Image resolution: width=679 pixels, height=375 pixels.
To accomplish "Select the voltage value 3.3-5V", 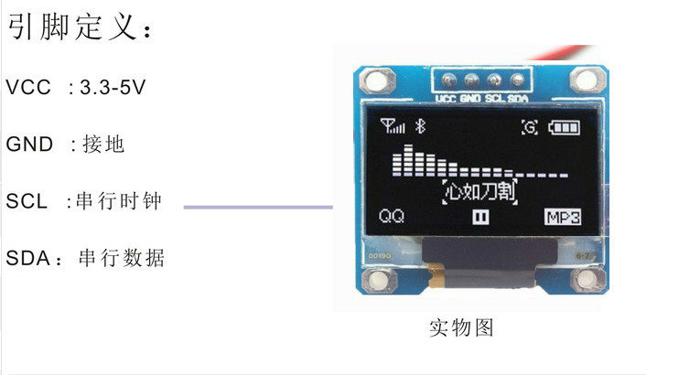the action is click(113, 88).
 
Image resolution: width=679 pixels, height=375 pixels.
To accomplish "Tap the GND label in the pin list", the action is click(32, 145).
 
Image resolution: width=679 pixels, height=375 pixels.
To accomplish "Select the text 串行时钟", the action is click(120, 201).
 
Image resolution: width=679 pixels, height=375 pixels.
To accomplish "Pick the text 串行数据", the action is click(123, 258).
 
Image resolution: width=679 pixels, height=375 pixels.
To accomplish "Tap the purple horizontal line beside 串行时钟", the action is click(258, 208).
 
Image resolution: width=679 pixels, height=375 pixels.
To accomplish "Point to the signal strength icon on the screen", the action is click(393, 126).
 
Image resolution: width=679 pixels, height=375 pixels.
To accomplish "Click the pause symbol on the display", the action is click(480, 217).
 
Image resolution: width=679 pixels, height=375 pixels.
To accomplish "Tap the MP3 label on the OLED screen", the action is click(563, 217).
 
